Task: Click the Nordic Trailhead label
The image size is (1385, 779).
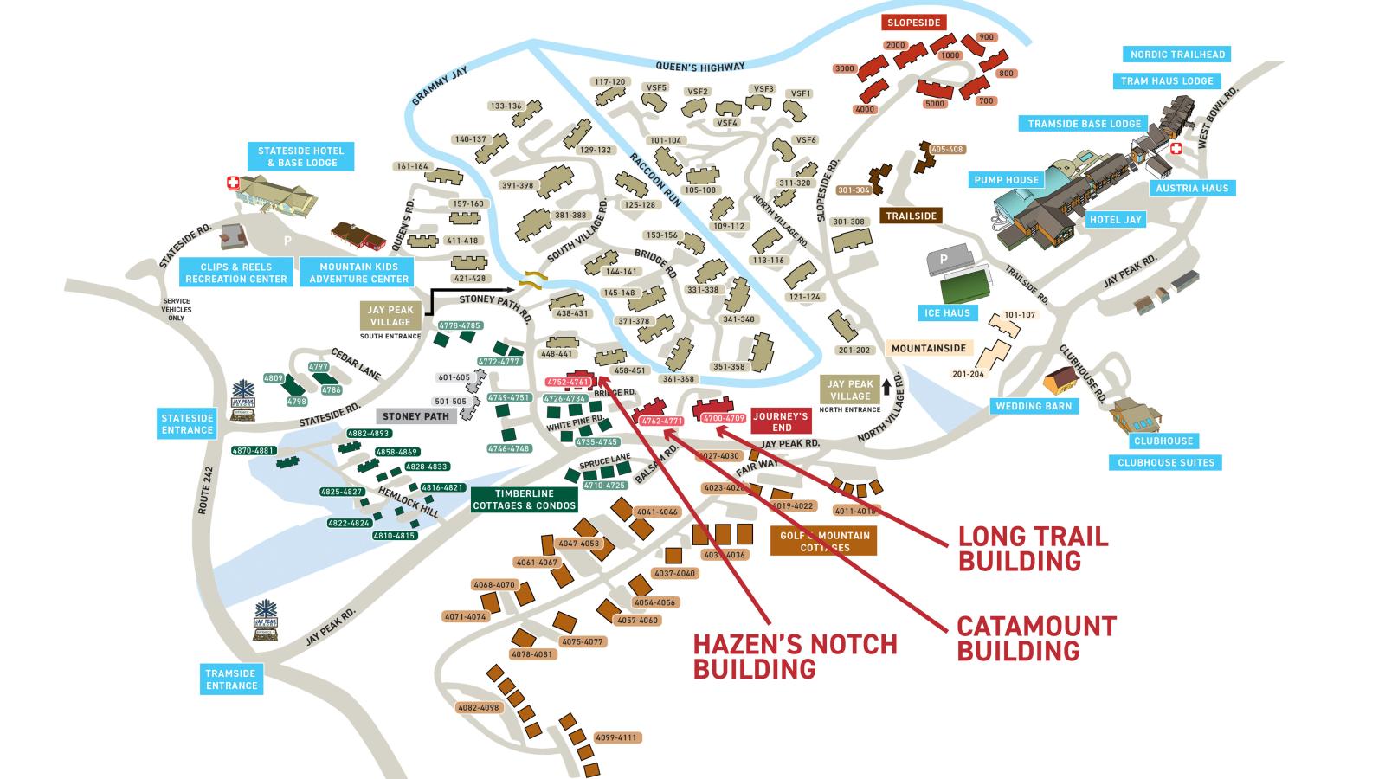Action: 1177,55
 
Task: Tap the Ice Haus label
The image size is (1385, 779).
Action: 946,312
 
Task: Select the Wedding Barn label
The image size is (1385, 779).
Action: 1034,406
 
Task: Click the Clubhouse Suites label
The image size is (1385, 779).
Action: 1166,462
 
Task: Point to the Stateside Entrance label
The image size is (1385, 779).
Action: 187,424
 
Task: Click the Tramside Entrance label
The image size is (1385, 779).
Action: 231,679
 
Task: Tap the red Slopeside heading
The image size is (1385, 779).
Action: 914,23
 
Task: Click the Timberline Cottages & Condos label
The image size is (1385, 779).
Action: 525,500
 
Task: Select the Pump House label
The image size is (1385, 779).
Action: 1006,180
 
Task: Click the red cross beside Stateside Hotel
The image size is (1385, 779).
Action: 232,183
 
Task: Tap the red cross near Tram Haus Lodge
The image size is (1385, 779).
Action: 1176,148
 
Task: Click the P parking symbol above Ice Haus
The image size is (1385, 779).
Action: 944,259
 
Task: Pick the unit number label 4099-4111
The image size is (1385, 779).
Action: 615,737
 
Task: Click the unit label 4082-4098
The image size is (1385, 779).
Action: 479,707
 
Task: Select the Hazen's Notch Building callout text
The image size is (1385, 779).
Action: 795,657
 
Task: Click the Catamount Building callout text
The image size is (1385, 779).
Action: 1036,638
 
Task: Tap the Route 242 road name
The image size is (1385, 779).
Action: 205,493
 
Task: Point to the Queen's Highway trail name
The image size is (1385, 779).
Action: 699,67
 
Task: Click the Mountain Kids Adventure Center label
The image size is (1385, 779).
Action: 358,273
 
